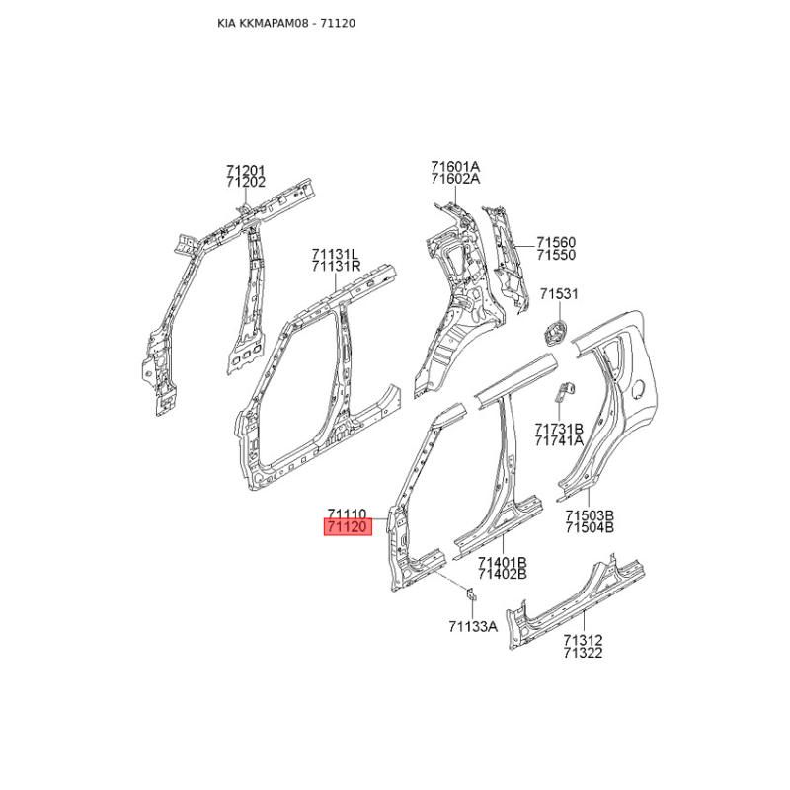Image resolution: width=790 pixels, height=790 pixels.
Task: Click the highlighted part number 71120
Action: (x=348, y=528)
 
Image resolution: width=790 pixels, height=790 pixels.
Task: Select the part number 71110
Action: (x=348, y=514)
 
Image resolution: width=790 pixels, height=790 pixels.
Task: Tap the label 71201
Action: (x=246, y=170)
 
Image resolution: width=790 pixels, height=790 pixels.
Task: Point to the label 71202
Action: (x=246, y=183)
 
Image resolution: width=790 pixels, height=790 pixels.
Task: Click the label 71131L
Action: (x=336, y=254)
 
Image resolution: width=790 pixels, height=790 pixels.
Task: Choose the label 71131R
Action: (x=337, y=267)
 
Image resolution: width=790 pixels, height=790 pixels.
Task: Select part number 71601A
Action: (x=455, y=166)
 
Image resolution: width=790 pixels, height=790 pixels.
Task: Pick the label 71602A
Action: (x=455, y=179)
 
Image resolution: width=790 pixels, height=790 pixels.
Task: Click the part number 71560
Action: (x=556, y=242)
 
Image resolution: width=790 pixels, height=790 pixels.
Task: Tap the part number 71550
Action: (x=556, y=255)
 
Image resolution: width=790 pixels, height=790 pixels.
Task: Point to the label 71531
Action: (x=559, y=294)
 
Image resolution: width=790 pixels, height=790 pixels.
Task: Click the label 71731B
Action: (x=560, y=429)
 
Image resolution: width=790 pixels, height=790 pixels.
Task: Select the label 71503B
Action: (x=591, y=514)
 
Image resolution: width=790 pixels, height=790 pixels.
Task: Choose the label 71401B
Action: (x=502, y=561)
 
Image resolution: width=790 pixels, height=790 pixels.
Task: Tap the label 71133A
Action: (x=472, y=626)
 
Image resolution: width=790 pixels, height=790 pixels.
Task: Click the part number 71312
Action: (x=583, y=640)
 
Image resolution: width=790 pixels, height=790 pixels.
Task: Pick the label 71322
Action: (x=583, y=653)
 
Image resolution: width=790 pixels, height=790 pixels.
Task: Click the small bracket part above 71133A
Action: (x=472, y=593)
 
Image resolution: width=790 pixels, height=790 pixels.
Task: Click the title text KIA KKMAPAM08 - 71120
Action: (x=285, y=22)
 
